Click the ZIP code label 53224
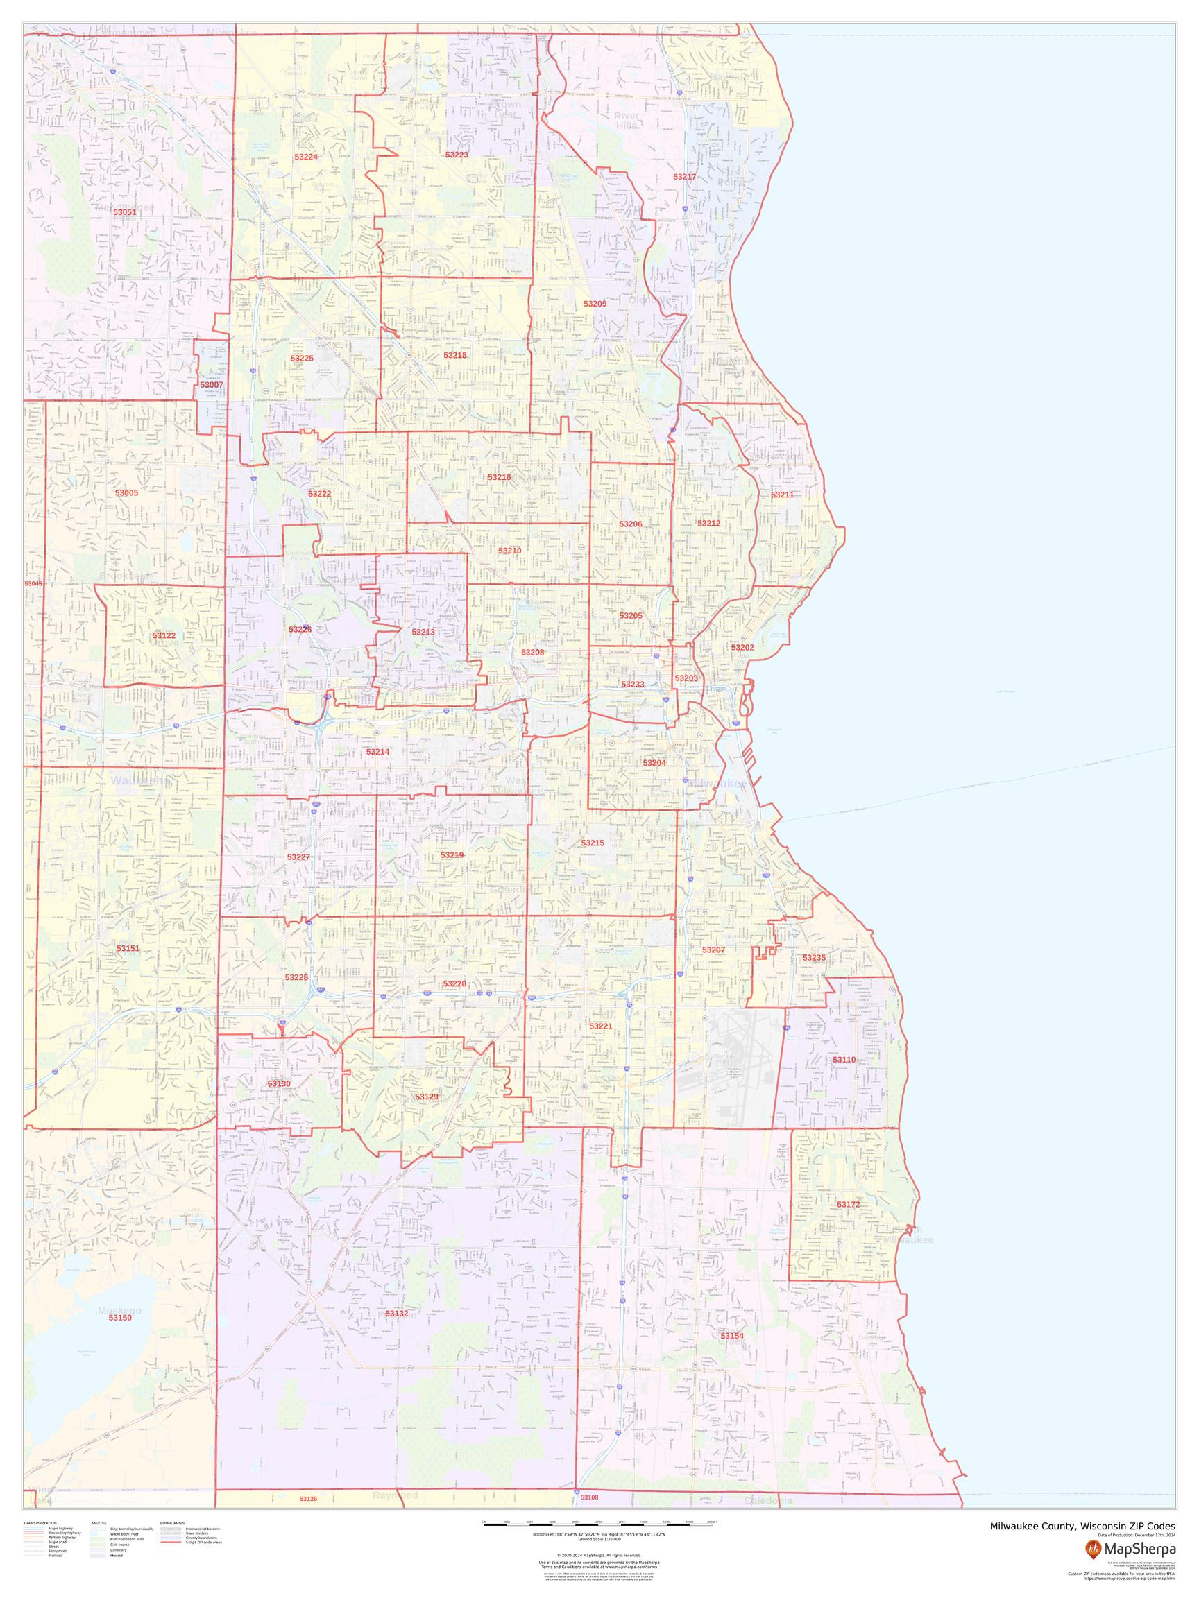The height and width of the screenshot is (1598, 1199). point(306,157)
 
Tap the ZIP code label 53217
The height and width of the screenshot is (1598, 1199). point(683,177)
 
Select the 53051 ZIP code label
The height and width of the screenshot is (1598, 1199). point(124,212)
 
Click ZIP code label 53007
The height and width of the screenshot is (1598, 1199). point(211,385)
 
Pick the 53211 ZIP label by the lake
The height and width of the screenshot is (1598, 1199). point(782,495)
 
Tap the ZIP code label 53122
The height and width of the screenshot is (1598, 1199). point(164,636)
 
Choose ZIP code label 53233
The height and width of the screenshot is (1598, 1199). point(632,684)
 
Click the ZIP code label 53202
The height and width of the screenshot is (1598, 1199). point(742,647)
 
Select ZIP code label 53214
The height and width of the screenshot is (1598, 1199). point(377,752)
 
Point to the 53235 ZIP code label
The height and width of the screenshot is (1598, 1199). point(813,958)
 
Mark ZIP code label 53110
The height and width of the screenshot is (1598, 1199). point(844,1060)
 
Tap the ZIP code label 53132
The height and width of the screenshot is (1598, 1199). point(397,1314)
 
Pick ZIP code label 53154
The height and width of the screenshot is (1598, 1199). point(731,1336)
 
